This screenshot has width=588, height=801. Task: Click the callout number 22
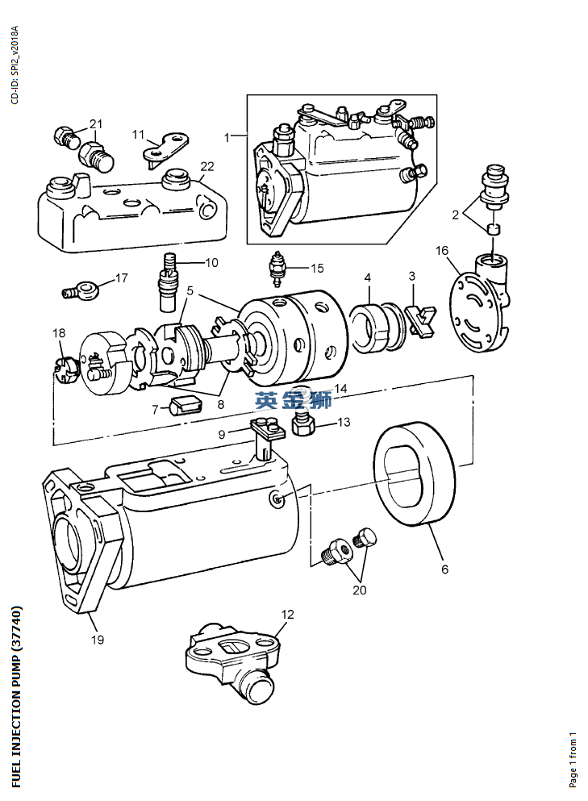(207, 167)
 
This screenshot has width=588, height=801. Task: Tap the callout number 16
(442, 251)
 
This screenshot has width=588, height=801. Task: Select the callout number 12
(287, 614)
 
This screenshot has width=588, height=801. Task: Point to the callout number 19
(97, 640)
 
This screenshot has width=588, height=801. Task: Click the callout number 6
(444, 569)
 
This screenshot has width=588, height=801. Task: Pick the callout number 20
(359, 590)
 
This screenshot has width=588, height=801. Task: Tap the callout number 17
(121, 278)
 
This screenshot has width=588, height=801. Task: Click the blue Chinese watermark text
(294, 401)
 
